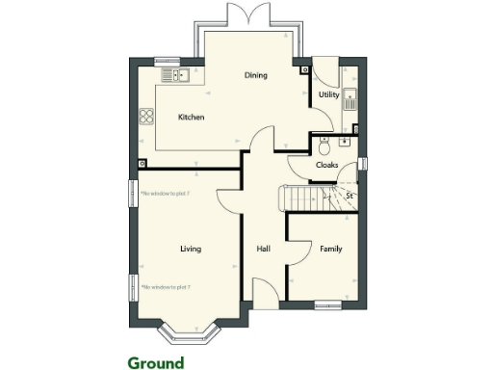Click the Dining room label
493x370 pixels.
point(255,75)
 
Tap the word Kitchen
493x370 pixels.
point(192,118)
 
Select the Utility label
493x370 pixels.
point(328,95)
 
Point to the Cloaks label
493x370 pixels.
point(326,165)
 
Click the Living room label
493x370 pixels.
point(191,250)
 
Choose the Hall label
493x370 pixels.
point(263,250)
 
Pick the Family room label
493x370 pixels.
point(330,250)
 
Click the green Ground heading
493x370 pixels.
point(155,363)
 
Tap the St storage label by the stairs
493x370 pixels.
point(350,197)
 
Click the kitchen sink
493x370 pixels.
point(174,74)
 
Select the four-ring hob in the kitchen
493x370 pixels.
point(147,118)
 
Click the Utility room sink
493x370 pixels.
point(352,96)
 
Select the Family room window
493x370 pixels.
point(327,306)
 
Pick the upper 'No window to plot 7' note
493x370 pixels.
point(165,194)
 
